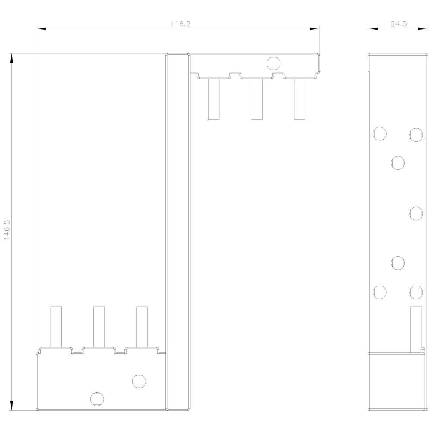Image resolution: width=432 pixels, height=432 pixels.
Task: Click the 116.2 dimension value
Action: [180, 24]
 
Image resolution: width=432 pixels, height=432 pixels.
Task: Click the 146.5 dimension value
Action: [6, 230]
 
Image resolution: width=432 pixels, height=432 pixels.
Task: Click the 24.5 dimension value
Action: [398, 24]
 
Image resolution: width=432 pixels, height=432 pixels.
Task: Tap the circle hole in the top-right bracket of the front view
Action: [273, 64]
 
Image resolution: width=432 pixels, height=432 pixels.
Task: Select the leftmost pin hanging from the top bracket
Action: [214, 99]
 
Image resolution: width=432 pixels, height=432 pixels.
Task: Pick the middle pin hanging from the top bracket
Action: [257, 99]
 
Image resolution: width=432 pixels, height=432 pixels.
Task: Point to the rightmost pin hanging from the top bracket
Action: [299, 99]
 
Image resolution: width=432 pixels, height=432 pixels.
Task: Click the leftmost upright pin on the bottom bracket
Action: [56, 327]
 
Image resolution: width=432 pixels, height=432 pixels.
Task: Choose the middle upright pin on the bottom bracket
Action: [99, 327]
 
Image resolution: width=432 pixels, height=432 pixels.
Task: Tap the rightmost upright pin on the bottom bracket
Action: [142, 327]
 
